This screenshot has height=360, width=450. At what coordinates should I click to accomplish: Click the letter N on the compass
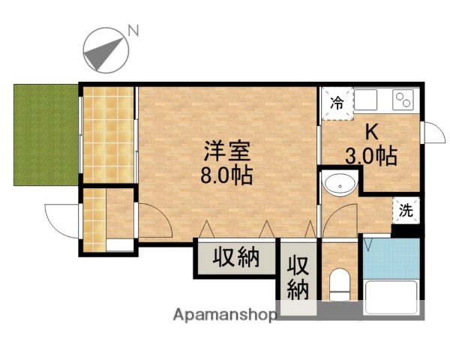click(x=133, y=31)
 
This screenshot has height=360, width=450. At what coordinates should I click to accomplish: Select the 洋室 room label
click(x=225, y=149)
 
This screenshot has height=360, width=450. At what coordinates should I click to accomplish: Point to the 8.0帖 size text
click(x=225, y=176)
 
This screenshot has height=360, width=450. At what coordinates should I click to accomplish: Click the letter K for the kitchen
click(x=370, y=133)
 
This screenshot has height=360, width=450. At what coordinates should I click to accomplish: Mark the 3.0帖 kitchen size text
click(x=370, y=157)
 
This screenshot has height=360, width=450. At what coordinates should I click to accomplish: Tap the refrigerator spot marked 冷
click(x=338, y=103)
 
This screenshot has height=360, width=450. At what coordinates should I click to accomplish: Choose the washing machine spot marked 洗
click(x=406, y=211)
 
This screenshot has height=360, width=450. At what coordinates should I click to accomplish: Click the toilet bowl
click(x=340, y=284)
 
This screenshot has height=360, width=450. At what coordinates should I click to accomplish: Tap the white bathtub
click(x=389, y=298)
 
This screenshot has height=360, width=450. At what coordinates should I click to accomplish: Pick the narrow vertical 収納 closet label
click(x=298, y=277)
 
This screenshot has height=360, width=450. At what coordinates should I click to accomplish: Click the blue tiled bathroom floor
click(x=390, y=257)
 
